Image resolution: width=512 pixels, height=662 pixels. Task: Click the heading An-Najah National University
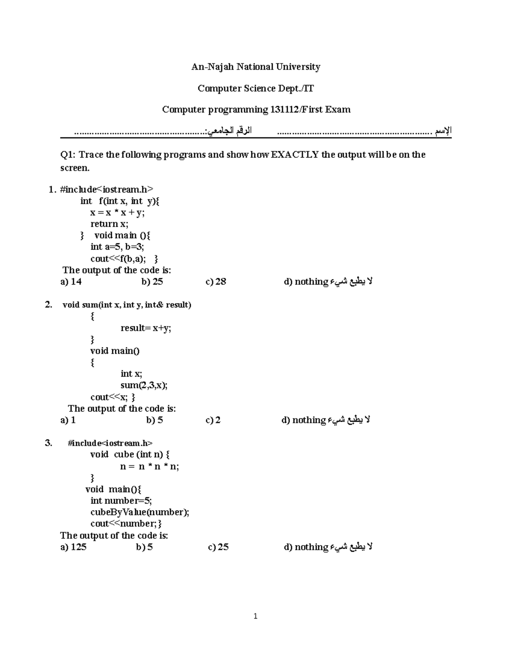[256, 67]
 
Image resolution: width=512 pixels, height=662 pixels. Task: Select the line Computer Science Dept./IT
[256, 88]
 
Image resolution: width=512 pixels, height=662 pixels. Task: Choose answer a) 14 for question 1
[71, 282]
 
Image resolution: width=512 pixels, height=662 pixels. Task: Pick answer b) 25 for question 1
[152, 282]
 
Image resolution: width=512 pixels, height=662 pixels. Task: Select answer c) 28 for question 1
[216, 282]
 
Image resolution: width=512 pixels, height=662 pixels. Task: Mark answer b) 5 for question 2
[154, 420]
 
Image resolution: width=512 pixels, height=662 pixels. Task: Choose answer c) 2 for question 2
[213, 420]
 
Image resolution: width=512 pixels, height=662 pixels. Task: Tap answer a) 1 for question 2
[68, 420]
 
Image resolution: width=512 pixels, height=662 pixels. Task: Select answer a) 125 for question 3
[73, 547]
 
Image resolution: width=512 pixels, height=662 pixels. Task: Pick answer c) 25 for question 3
[218, 547]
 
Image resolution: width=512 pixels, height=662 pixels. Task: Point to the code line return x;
[109, 224]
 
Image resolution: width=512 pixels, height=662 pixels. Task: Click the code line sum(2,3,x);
[144, 385]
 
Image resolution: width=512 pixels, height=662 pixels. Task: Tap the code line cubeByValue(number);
[140, 512]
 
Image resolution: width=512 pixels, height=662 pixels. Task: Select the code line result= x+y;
[145, 328]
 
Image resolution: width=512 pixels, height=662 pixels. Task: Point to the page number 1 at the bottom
[255, 616]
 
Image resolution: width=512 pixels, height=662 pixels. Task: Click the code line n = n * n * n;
[149, 467]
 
